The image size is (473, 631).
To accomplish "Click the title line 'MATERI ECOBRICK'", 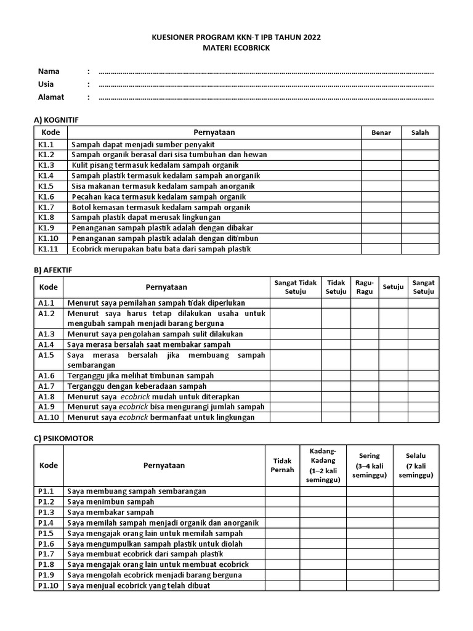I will click(x=236, y=48).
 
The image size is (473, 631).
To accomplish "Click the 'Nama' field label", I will click(x=49, y=71).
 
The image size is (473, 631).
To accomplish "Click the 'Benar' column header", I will click(x=381, y=132).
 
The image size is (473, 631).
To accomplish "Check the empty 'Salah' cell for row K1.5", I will click(x=420, y=186).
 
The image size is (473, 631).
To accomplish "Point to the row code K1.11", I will click(x=48, y=249).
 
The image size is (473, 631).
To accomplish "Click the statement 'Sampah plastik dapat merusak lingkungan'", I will click(x=146, y=218).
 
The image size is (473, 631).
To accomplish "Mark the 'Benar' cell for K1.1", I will click(x=381, y=144).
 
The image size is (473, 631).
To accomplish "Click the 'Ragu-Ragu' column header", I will click(x=364, y=287).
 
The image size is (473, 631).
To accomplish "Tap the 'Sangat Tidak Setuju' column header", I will click(x=295, y=287).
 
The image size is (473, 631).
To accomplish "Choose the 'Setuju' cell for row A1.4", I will click(x=393, y=344).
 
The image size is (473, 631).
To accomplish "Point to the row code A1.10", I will click(x=49, y=417).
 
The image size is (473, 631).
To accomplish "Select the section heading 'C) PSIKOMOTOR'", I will click(x=63, y=438).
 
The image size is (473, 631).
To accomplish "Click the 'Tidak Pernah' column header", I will click(x=283, y=465).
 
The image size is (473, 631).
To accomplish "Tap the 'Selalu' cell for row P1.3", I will click(x=416, y=512).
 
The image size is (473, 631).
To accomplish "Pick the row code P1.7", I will click(x=47, y=554).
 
